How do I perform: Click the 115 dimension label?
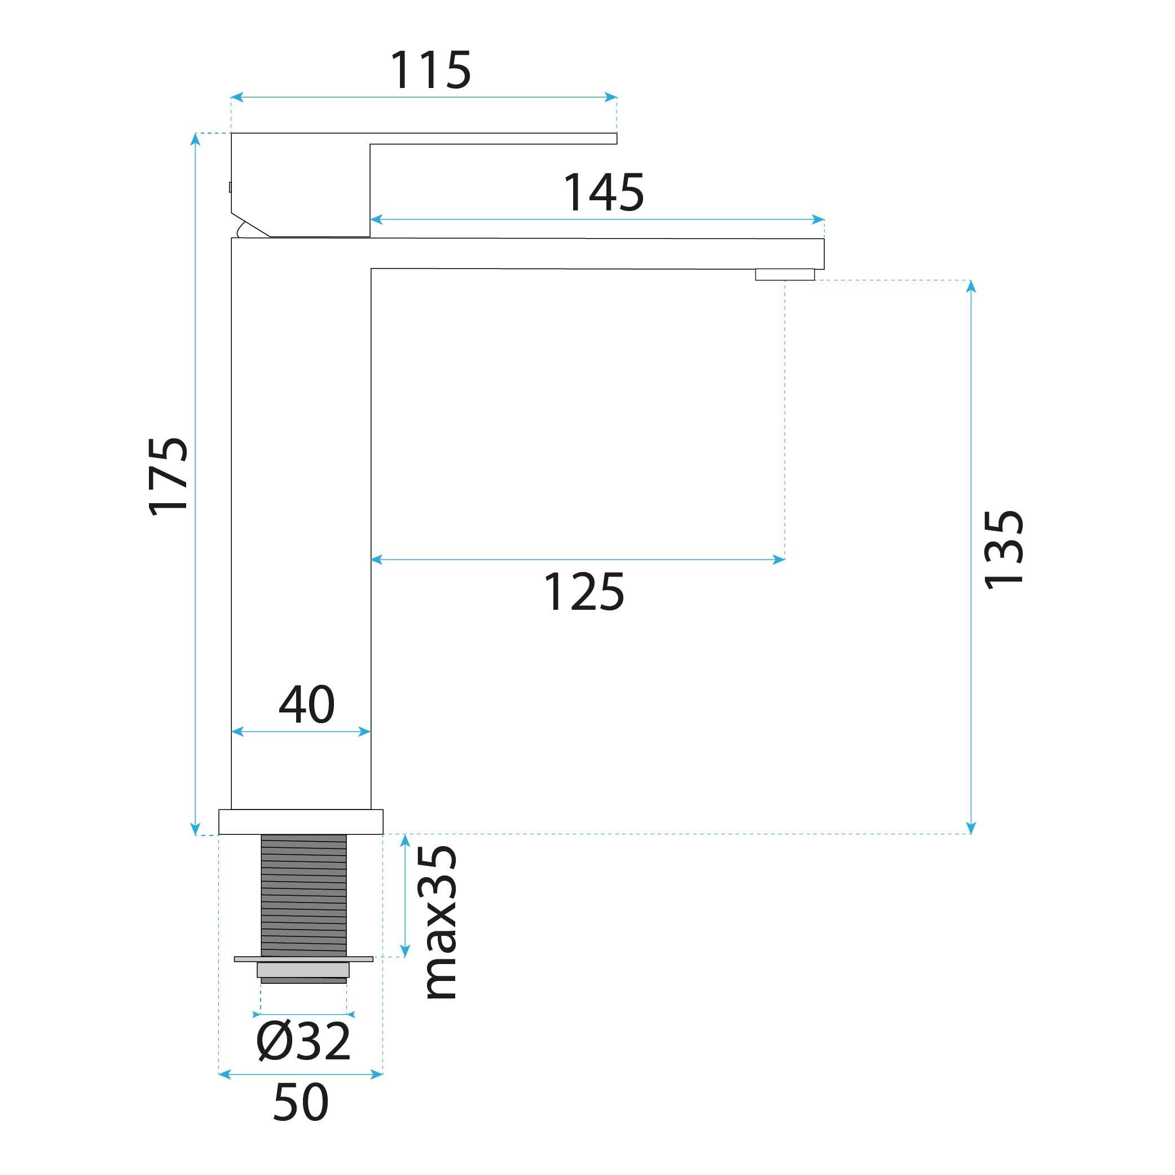[430, 70]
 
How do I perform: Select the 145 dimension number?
[604, 192]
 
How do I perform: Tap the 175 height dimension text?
[169, 476]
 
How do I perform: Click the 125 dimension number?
[583, 591]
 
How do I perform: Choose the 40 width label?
[306, 705]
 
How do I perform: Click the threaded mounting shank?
[303, 895]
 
